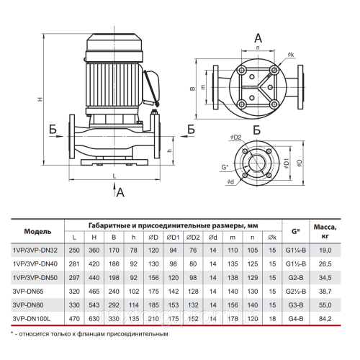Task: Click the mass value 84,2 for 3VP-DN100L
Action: click(325, 319)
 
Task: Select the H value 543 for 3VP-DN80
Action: click(94, 305)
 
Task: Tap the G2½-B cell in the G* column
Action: click(296, 292)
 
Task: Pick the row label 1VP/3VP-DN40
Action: click(35, 264)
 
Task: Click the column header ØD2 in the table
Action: click(193, 238)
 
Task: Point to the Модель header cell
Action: click(37, 232)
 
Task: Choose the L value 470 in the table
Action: click(74, 319)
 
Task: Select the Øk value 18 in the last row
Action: click(272, 319)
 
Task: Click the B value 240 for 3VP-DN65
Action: click(114, 292)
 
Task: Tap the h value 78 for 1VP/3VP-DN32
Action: click(134, 251)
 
